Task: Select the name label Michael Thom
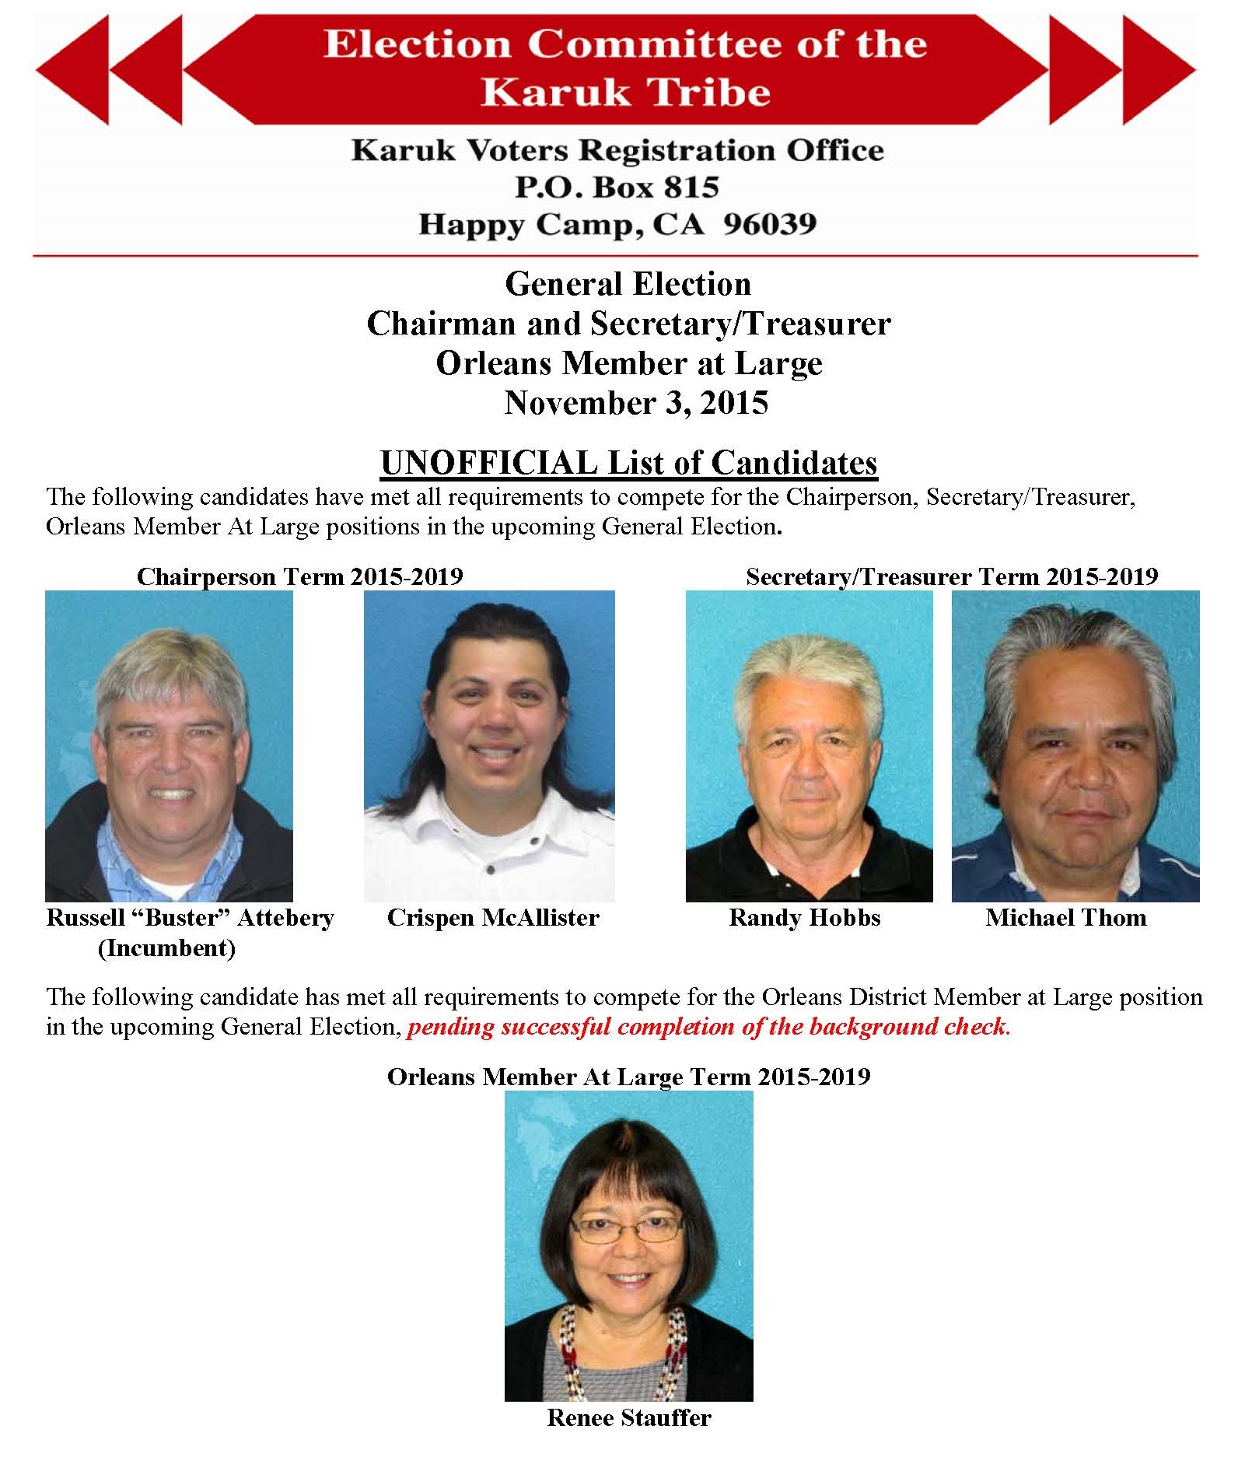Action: tap(1065, 917)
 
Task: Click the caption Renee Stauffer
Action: tap(628, 1417)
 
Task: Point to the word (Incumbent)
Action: tap(166, 947)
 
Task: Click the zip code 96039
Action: tap(769, 224)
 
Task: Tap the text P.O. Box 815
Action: tap(617, 187)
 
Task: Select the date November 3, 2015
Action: tap(636, 403)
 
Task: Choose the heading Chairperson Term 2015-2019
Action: tap(299, 576)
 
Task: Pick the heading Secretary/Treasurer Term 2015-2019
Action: tap(951, 576)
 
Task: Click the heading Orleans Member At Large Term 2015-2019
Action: tap(628, 1077)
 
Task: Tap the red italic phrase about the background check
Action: tap(708, 1027)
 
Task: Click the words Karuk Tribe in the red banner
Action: tap(625, 92)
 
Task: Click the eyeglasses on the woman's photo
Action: tap(626, 1228)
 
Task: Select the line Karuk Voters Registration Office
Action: tap(617, 150)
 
